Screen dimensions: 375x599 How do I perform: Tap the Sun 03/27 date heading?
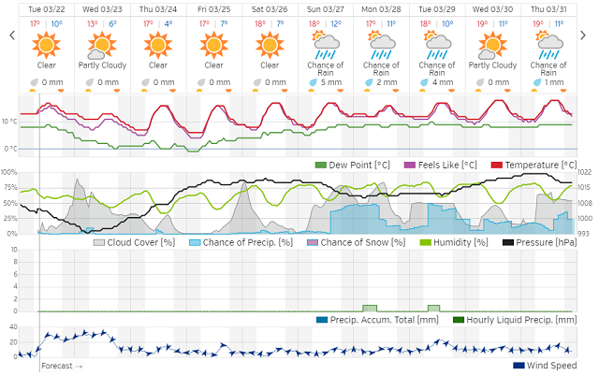click(326, 9)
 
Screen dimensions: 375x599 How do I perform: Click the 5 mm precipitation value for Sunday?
click(329, 82)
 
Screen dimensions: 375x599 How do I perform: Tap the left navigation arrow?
click(12, 36)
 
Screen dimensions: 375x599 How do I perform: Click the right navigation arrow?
click(587, 36)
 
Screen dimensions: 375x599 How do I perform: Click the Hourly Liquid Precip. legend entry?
click(513, 321)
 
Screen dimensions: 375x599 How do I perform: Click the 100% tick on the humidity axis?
click(9, 172)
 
